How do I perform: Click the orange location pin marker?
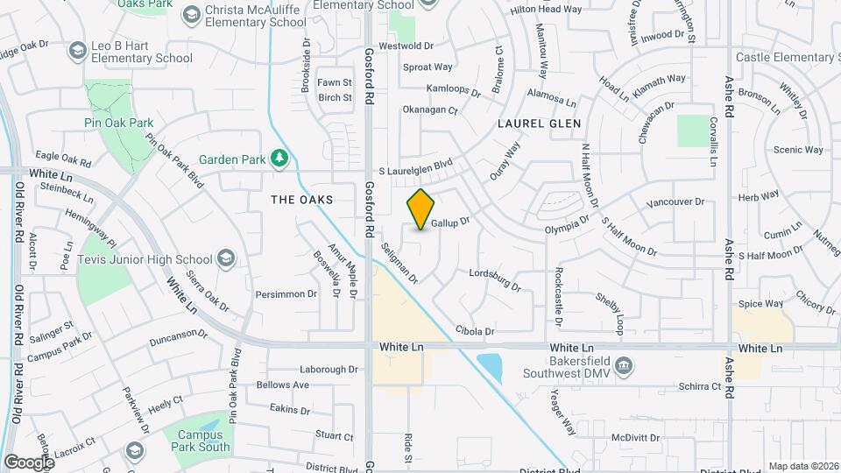tap(421, 209)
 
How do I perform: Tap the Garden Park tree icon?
tap(279, 159)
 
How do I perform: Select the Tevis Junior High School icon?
tap(227, 258)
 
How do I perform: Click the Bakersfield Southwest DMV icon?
tap(624, 364)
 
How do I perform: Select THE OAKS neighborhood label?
tap(302, 200)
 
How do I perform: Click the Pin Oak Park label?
tap(119, 123)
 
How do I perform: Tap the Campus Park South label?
tap(203, 441)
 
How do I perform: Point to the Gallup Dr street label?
tap(450, 222)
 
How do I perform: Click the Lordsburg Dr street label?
tap(495, 279)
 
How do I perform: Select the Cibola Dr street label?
tap(475, 331)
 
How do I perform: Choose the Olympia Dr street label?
tap(566, 225)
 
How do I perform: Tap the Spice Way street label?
tap(760, 304)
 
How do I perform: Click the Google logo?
tap(29, 462)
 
